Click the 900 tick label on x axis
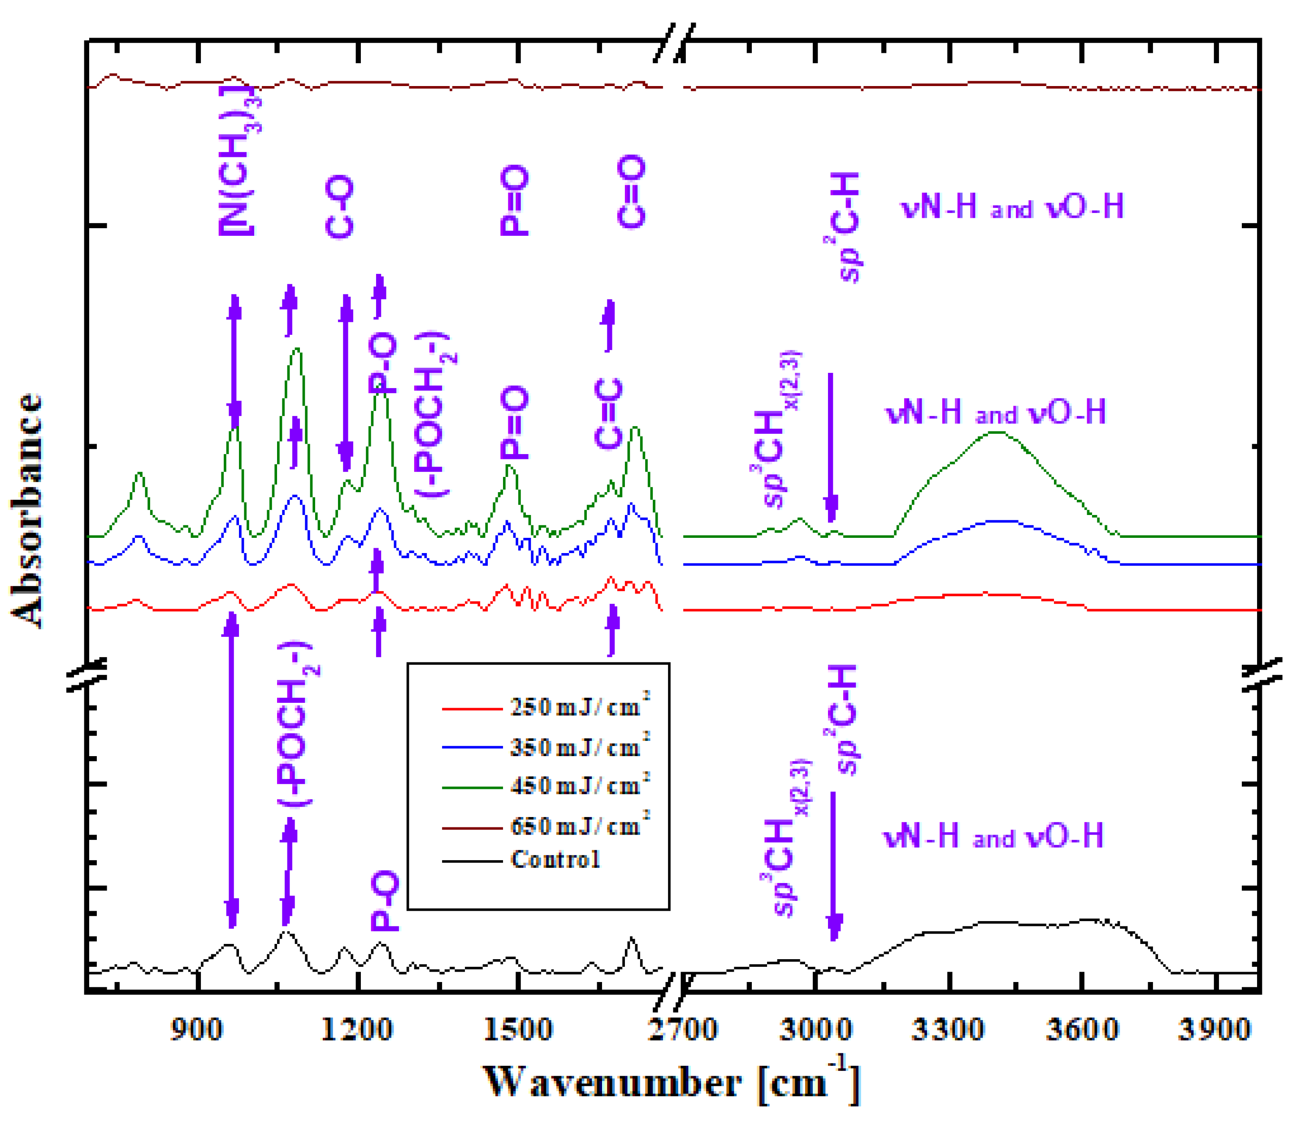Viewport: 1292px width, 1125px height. click(x=196, y=1030)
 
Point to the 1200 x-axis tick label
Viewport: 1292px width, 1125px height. click(x=356, y=1030)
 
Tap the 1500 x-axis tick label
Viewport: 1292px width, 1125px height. click(x=517, y=1030)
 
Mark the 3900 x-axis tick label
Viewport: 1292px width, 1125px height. click(x=1215, y=1030)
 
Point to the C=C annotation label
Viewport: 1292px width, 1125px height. click(x=608, y=414)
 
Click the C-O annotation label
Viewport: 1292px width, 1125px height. click(x=340, y=207)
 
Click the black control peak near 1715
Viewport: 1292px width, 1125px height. click(x=632, y=939)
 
